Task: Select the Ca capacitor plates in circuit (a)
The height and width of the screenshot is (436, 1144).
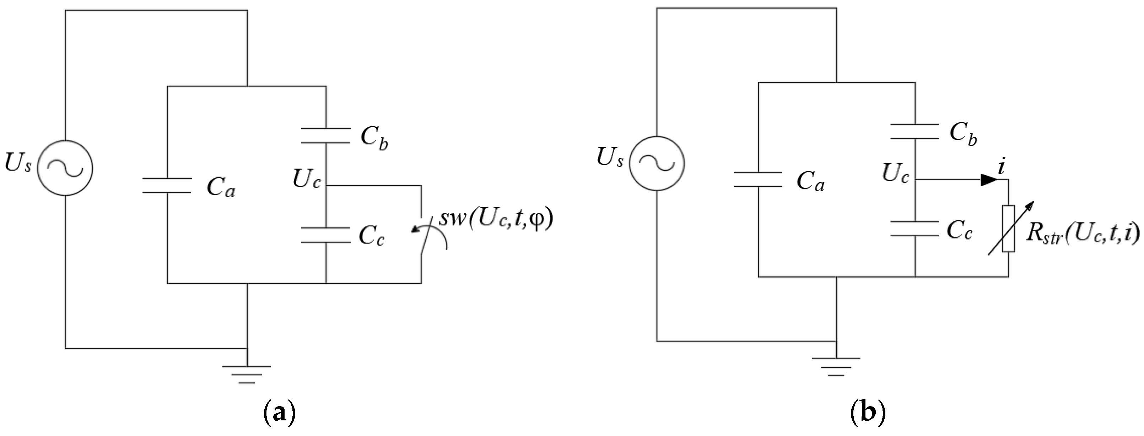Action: coord(167,185)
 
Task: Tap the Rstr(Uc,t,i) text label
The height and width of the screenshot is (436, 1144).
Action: coord(1082,234)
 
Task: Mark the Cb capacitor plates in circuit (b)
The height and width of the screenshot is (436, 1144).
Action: coord(915,132)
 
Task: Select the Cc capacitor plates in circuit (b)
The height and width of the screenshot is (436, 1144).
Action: coord(915,228)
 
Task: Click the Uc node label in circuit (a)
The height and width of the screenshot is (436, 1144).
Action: coord(306,179)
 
